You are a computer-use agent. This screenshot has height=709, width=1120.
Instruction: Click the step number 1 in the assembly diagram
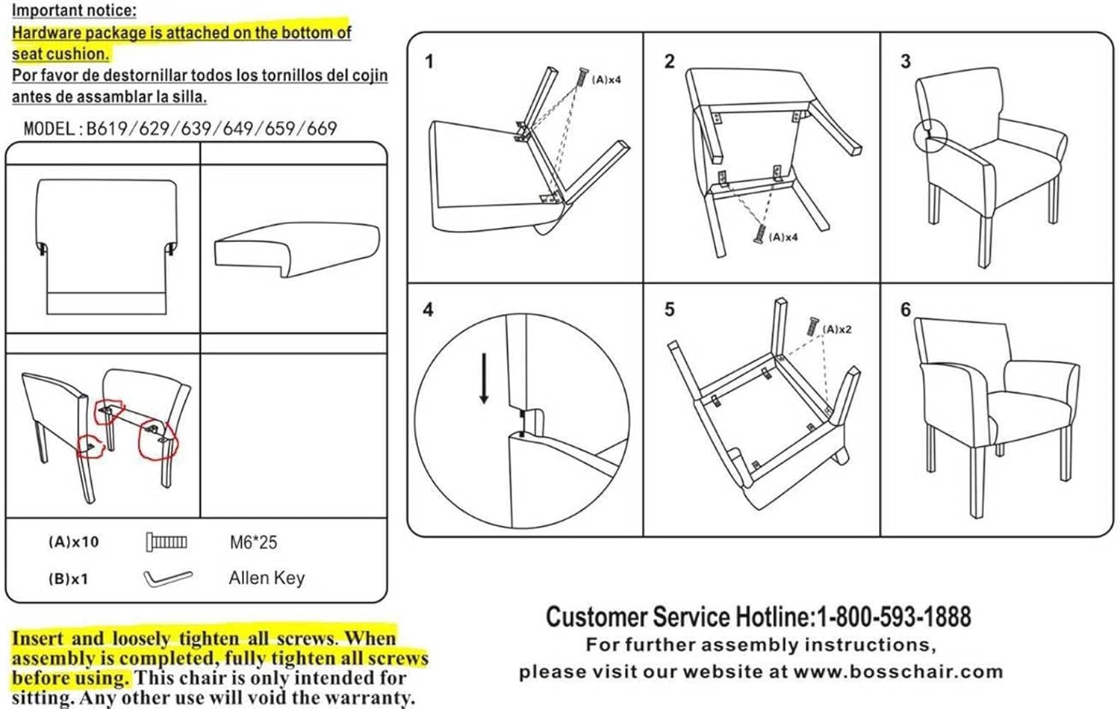[x=429, y=61]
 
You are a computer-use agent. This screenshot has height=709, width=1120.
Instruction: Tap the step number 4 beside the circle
[x=428, y=309]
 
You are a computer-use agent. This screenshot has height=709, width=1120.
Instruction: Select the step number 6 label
[x=906, y=309]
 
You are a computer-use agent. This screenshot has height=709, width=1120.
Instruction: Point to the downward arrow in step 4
[x=485, y=378]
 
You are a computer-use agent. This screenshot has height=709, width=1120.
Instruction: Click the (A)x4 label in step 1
[x=606, y=79]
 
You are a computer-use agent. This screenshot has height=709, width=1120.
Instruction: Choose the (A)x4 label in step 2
[x=783, y=237]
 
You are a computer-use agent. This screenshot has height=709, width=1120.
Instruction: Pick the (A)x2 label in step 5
[x=837, y=329]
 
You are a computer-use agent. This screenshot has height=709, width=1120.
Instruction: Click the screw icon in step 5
[x=812, y=326]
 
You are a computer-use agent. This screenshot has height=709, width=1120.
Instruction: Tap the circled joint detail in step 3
[x=930, y=137]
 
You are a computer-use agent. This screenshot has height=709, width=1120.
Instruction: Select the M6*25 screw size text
[x=253, y=542]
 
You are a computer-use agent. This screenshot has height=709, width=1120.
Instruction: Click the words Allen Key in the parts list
[x=267, y=578]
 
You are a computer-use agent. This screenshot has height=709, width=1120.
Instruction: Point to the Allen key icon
[x=167, y=578]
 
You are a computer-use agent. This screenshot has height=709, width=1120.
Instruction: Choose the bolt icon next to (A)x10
[x=167, y=542]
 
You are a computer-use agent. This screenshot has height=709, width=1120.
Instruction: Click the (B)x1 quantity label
[x=68, y=579]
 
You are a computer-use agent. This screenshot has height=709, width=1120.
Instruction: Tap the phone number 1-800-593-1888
[x=894, y=617]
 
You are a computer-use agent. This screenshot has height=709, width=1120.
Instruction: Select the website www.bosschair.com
[x=898, y=672]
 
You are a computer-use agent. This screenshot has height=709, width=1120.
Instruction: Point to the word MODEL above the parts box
[x=49, y=129]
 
